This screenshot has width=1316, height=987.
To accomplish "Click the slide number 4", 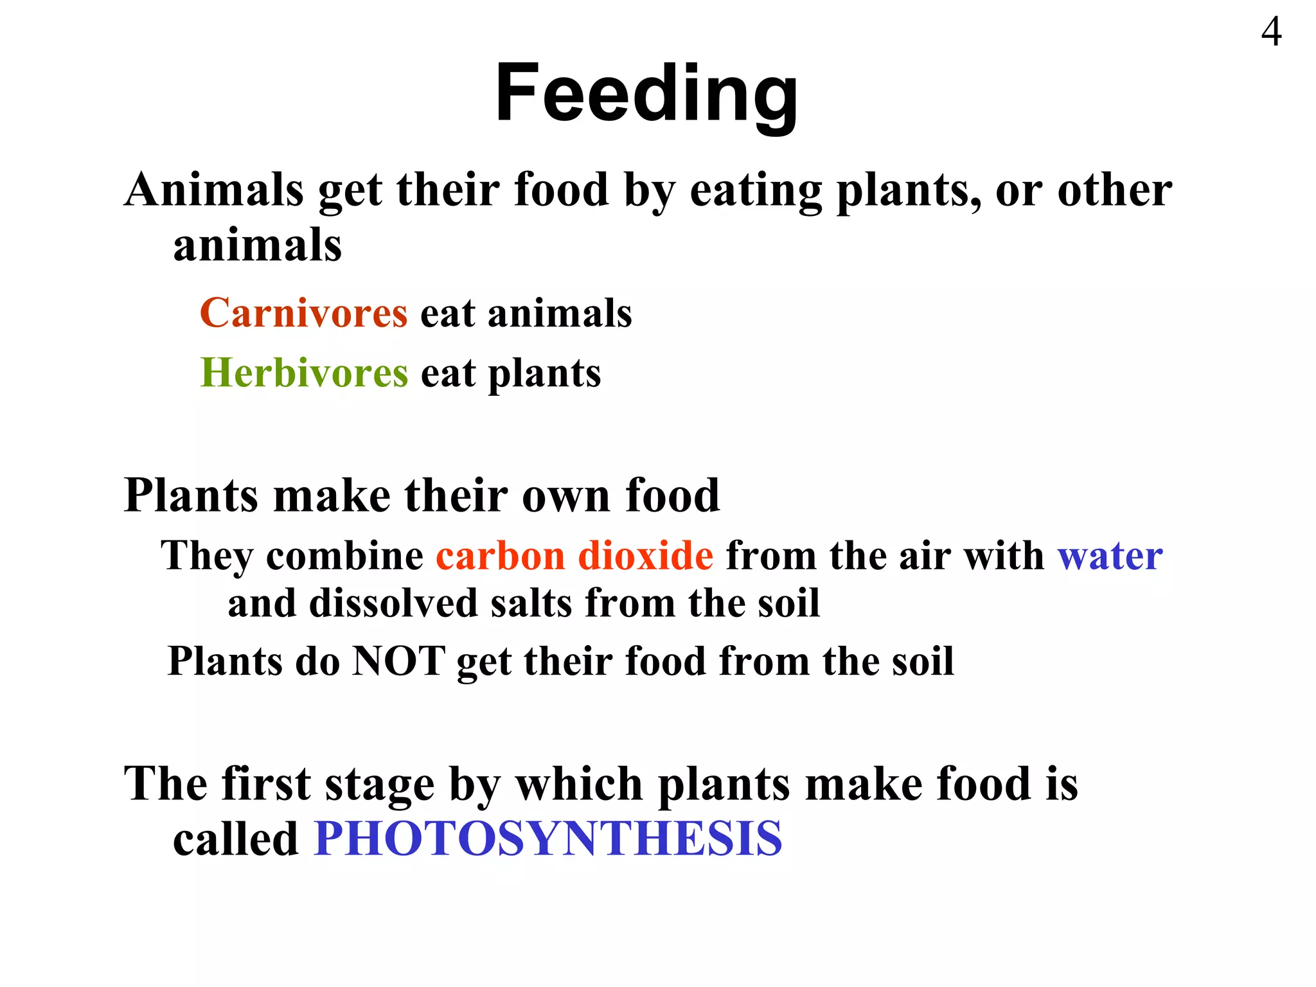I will click(1271, 31).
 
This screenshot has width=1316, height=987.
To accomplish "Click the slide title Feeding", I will click(646, 93).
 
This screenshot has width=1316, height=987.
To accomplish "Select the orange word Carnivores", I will click(304, 313).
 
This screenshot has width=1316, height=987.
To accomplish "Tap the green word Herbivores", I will click(304, 373).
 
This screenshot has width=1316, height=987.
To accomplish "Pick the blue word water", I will click(1110, 555).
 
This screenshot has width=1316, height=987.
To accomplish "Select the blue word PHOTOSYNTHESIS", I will click(548, 839).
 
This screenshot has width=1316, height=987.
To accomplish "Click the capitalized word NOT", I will click(398, 661).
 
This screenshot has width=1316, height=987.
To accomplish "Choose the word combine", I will click(344, 555).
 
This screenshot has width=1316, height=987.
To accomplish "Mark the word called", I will click(236, 839).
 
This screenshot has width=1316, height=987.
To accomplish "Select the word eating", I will click(756, 191).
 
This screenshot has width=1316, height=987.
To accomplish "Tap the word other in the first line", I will click(1114, 191).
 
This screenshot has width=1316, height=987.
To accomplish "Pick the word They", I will click(206, 556).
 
